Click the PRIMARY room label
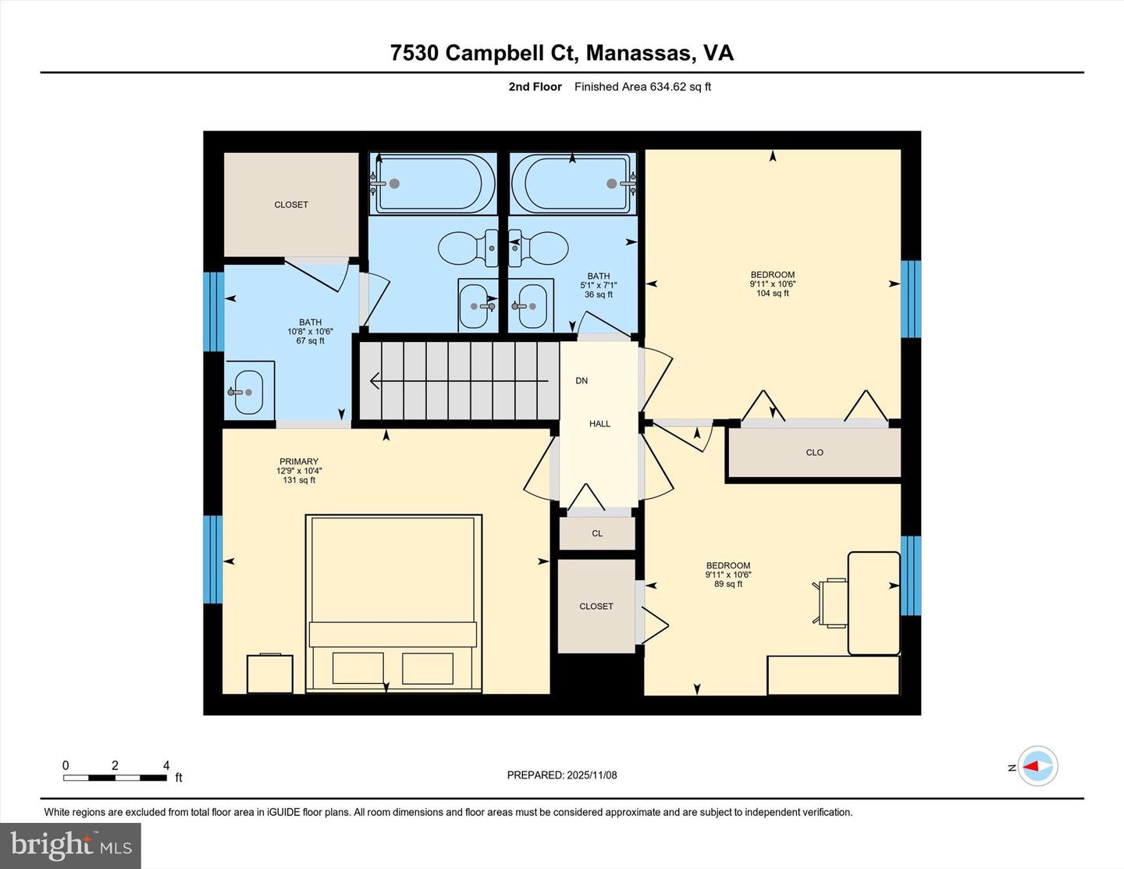click(x=298, y=461)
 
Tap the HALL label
click(x=599, y=424)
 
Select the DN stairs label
click(x=582, y=381)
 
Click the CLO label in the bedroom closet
click(x=814, y=453)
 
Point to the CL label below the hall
click(x=597, y=534)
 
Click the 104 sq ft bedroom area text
click(x=772, y=294)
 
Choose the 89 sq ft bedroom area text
click(x=727, y=584)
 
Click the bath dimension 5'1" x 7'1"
click(x=599, y=285)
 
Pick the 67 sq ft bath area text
click(x=310, y=341)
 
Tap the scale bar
click(x=115, y=778)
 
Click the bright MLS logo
click(x=71, y=846)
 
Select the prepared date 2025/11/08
click(x=562, y=775)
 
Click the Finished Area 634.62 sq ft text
click(x=642, y=87)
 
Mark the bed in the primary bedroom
click(x=393, y=603)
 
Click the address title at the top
click(x=561, y=52)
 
